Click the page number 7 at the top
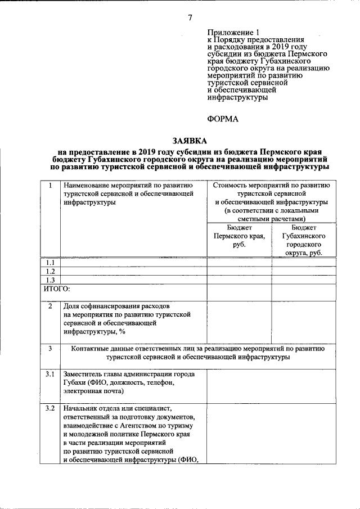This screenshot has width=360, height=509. [x=190, y=17]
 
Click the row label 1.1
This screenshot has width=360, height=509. [x=51, y=263]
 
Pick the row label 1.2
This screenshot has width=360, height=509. [x=51, y=271]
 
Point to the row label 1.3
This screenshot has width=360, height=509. [x=51, y=280]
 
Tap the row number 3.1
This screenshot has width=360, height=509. [x=51, y=374]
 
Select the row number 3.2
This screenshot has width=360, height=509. [x=51, y=408]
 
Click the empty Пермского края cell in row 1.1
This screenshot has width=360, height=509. [x=239, y=263]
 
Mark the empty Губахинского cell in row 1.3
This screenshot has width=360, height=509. [x=304, y=280]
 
